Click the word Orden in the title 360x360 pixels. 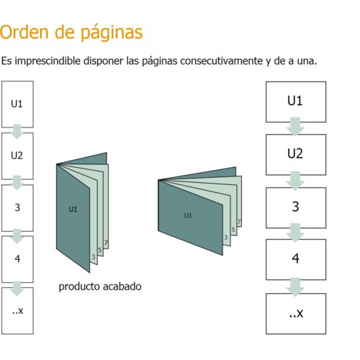coord(24,32)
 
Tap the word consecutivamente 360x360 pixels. coord(222,60)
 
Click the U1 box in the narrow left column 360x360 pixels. coord(17,104)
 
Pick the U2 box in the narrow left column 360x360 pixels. coord(17,156)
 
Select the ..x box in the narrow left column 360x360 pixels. coord(17,311)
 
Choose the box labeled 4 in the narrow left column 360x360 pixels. coord(17,259)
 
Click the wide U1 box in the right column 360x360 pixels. coord(296,102)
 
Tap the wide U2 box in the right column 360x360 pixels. coord(296,155)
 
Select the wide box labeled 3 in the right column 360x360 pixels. coord(296,207)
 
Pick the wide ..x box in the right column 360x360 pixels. coord(296,314)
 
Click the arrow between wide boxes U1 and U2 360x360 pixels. coord(295,127)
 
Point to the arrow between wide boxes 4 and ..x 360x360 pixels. coord(295,287)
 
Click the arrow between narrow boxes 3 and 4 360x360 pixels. coord(17,236)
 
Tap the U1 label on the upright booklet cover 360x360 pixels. coord(73,210)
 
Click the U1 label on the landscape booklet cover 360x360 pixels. coord(188,215)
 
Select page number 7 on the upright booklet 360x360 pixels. coord(106,243)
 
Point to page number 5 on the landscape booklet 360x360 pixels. coord(233,230)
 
